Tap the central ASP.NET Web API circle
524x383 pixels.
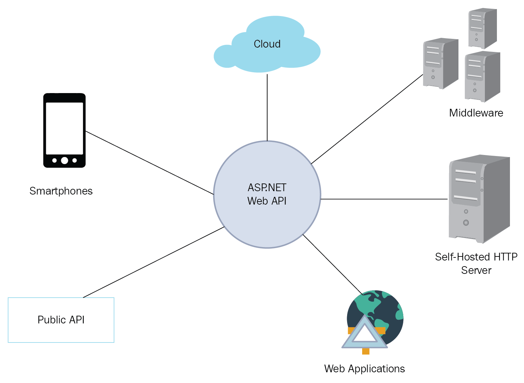(267, 194)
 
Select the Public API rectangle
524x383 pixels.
(61, 320)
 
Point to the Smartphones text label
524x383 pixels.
(61, 191)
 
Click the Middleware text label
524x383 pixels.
(476, 113)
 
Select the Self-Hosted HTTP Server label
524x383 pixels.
(476, 263)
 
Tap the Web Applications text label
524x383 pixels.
(364, 369)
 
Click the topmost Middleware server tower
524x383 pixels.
(482, 28)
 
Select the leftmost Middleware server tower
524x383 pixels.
(440, 63)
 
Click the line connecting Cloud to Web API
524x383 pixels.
(267, 107)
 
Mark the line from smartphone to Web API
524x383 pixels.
(149, 163)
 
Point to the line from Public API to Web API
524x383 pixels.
(154, 262)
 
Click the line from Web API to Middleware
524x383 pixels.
(367, 119)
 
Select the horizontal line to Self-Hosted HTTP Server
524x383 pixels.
(384, 199)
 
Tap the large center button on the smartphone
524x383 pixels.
(65, 160)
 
